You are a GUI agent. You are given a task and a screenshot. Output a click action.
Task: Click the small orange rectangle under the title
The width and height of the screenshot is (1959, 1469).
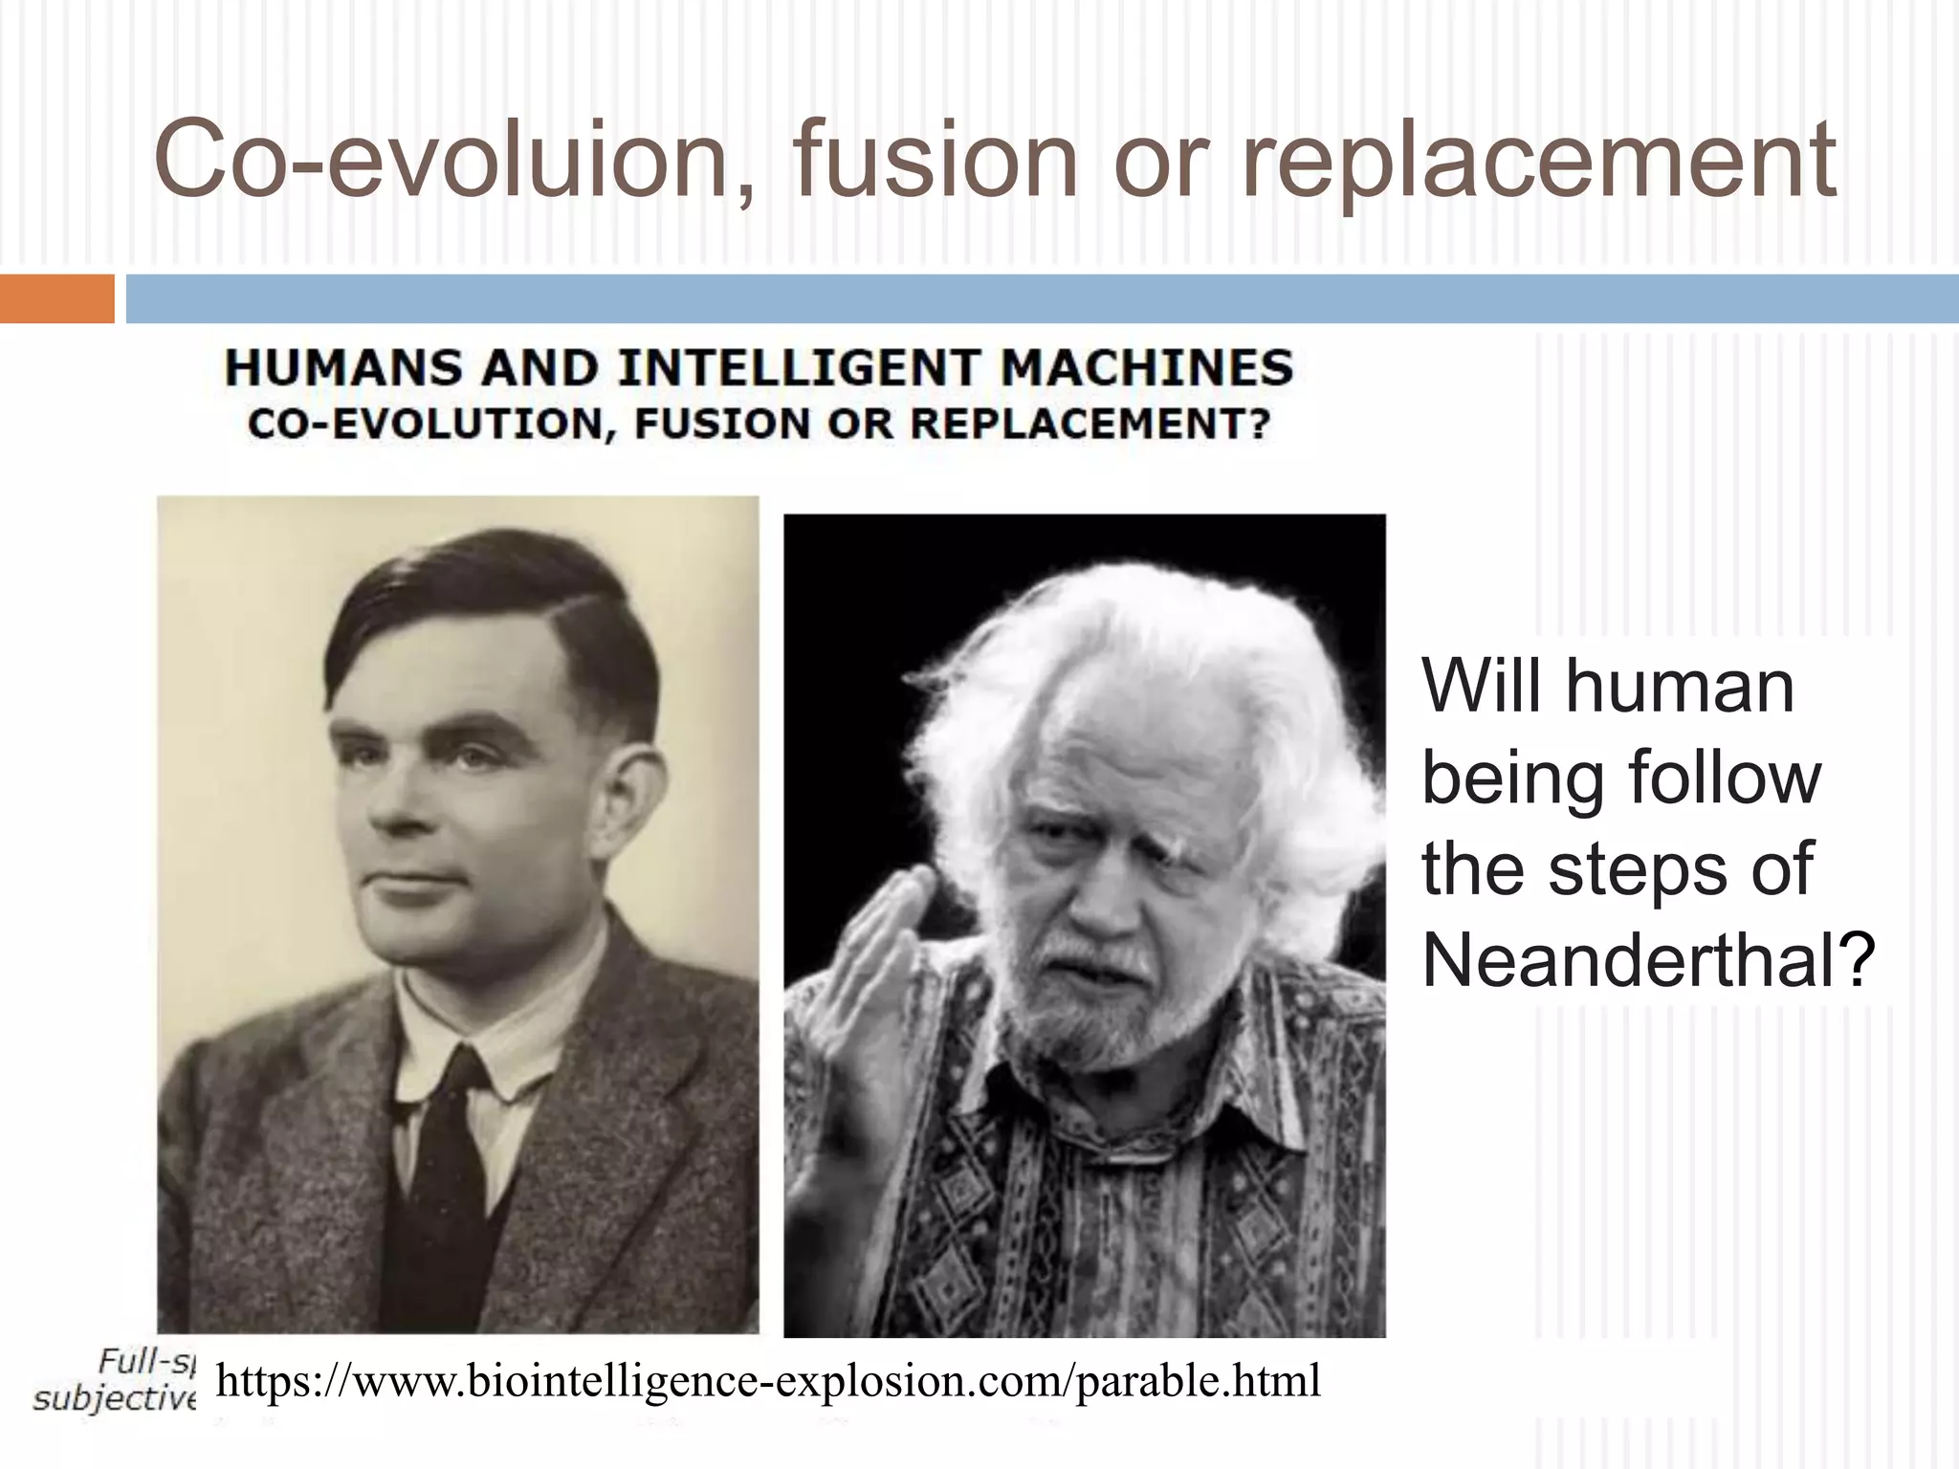[56, 298]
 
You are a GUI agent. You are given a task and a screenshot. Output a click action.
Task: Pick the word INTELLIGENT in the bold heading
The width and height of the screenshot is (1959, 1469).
[799, 369]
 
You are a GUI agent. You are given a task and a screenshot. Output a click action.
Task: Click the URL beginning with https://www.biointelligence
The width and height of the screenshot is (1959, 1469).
[768, 1380]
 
